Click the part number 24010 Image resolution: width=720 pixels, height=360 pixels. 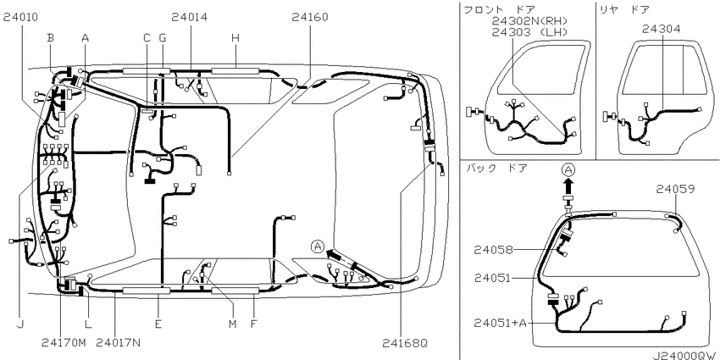coord(20,18)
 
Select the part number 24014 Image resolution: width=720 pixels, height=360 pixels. coord(190,18)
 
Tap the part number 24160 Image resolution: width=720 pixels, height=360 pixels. coord(310,18)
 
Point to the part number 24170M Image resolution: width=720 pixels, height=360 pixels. coord(64,342)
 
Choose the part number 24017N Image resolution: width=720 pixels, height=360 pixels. coord(119,342)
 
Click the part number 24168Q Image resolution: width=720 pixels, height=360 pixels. coord(405,342)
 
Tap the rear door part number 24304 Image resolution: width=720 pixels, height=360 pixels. coord(662,29)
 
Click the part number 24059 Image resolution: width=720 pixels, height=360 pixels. coord(675,189)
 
